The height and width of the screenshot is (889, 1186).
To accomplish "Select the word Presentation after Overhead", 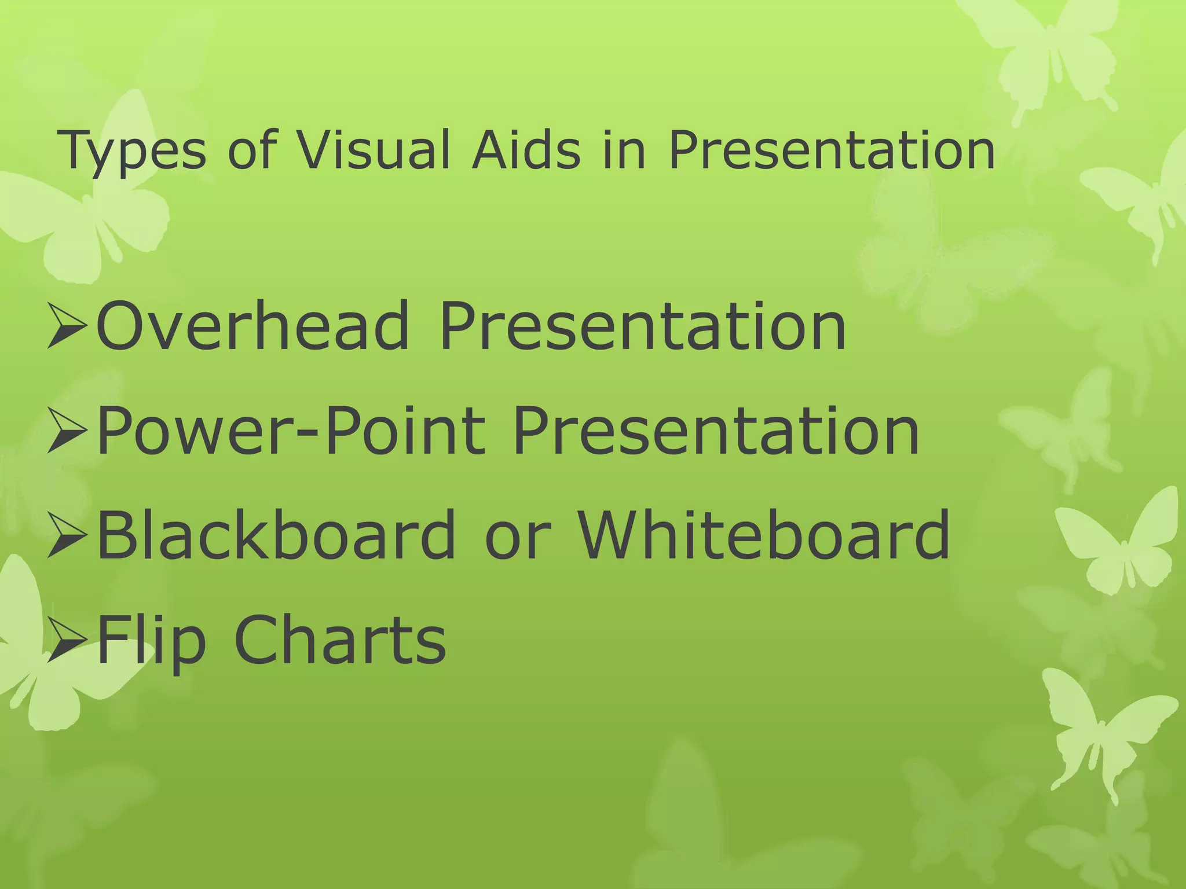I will [x=643, y=328].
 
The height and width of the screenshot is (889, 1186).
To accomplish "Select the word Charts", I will [x=340, y=640].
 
